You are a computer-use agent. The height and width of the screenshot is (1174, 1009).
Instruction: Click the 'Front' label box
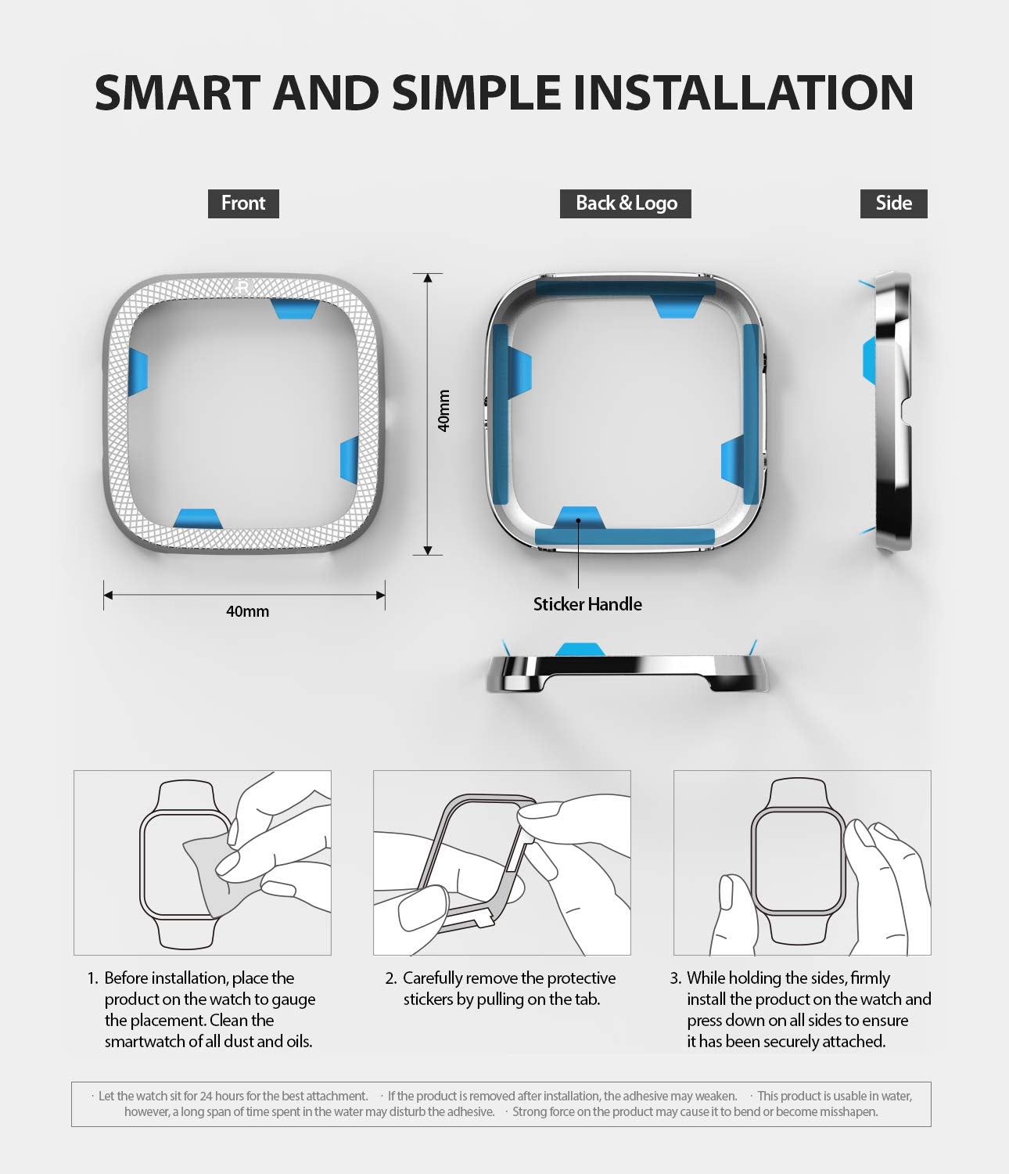pos(243,203)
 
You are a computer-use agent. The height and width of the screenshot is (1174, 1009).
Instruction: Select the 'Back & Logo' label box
pos(626,203)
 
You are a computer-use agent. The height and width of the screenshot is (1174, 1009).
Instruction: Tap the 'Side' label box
pos(894,203)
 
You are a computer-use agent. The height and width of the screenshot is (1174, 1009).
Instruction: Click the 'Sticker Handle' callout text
pos(587,603)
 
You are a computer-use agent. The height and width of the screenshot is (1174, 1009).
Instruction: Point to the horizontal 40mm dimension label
pos(247,611)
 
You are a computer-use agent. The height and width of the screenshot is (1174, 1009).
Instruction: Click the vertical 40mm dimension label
pos(443,411)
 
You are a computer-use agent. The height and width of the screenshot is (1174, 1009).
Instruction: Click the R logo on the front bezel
pos(242,286)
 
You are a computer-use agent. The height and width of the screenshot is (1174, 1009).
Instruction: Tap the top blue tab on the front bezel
pos(295,308)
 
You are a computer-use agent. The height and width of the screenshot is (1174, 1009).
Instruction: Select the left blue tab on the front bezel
pos(138,372)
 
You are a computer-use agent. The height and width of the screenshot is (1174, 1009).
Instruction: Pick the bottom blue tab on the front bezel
pos(197,519)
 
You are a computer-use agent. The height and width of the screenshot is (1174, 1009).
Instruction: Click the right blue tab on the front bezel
pos(350,460)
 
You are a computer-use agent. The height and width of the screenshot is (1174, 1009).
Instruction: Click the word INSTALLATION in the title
pos(744,92)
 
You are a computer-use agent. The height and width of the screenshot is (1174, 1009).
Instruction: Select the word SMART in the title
pos(178,92)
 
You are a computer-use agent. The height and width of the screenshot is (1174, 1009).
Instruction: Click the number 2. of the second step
pos(390,978)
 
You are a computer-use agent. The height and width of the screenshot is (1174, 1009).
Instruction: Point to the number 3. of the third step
pos(675,978)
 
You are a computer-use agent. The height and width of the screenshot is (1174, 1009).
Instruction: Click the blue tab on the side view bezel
pos(869,360)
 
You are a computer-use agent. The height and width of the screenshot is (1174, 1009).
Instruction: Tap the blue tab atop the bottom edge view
pos(580,649)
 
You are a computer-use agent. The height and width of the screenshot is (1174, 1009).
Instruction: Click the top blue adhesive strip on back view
pos(626,288)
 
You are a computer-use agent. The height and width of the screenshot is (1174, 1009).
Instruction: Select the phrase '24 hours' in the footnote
pos(223,1096)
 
